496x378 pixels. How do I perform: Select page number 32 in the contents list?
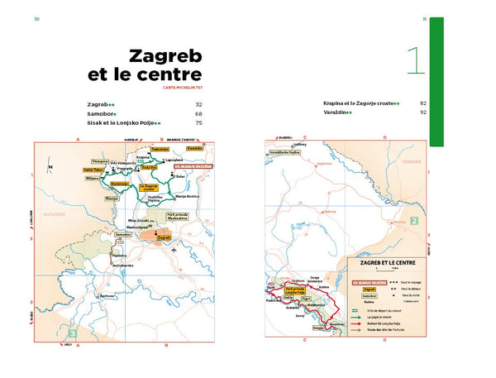pyautogui.click(x=198, y=105)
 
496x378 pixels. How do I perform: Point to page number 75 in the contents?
pyautogui.click(x=198, y=123)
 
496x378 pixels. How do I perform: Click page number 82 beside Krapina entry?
pyautogui.click(x=422, y=103)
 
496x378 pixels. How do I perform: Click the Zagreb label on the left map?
pyautogui.click(x=163, y=237)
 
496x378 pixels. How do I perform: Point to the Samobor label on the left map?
pyautogui.click(x=123, y=234)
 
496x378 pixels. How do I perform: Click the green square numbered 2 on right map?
pyautogui.click(x=413, y=221)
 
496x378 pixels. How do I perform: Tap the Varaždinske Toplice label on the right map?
pyautogui.click(x=282, y=153)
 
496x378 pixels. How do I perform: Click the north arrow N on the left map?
pyautogui.click(x=50, y=166)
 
